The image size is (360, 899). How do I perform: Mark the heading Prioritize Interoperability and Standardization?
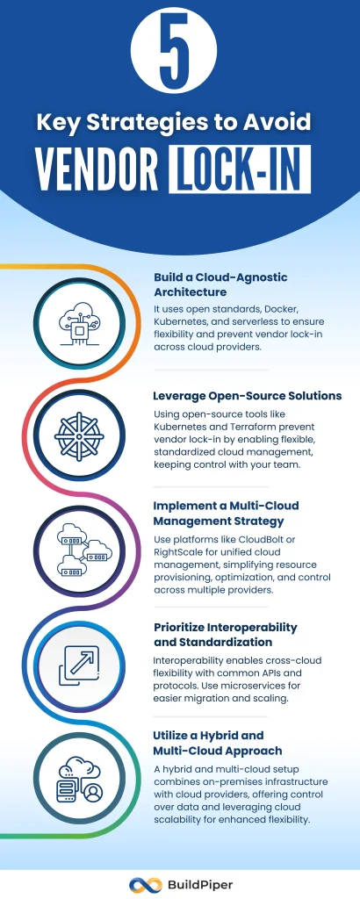225,635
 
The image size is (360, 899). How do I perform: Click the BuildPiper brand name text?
198,883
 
